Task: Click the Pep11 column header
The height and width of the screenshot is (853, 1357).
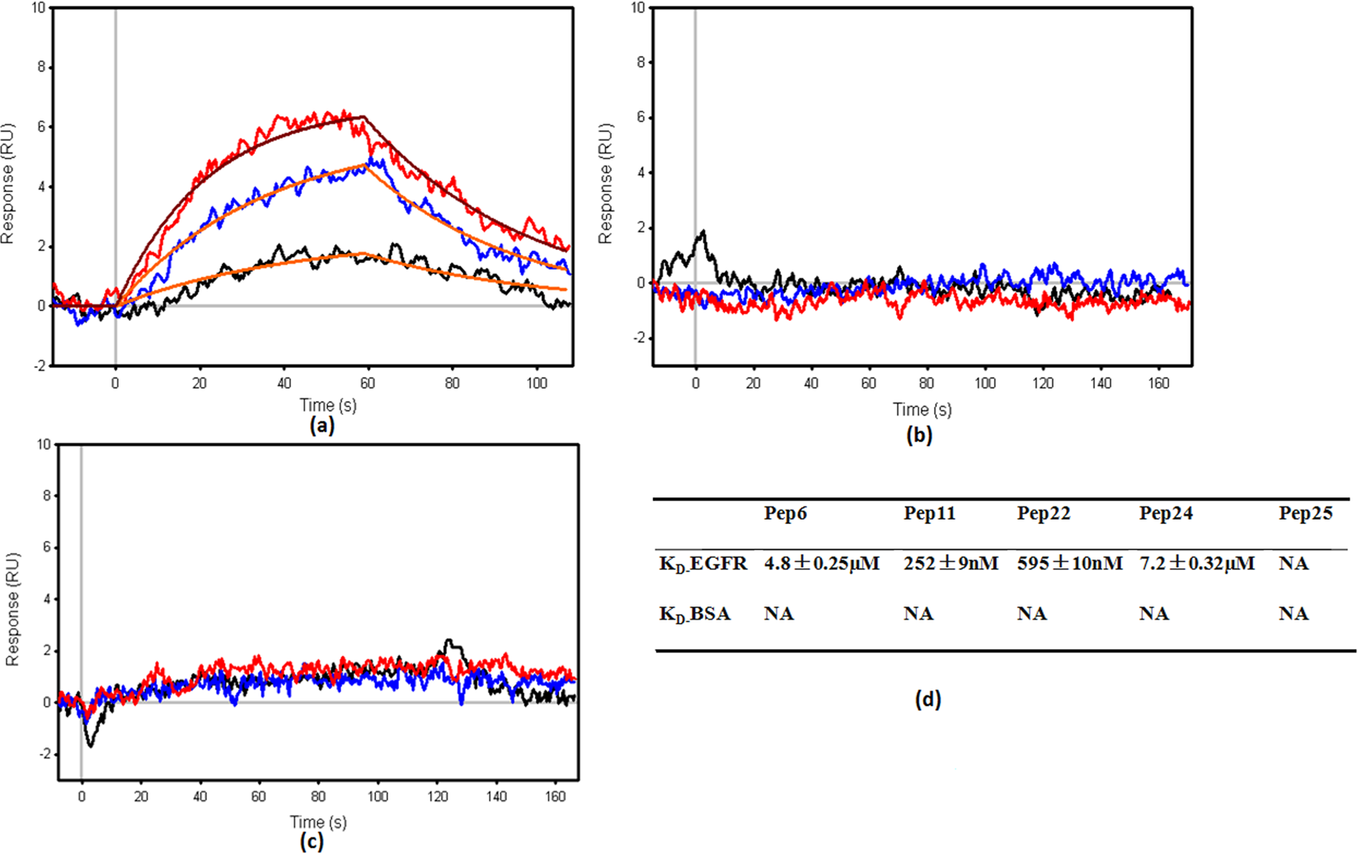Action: tap(929, 514)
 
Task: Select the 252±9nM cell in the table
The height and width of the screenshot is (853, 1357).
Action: tap(951, 563)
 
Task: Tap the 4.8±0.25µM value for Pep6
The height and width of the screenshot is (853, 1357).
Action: tap(821, 563)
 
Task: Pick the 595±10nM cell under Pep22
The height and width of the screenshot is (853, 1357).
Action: tap(1069, 563)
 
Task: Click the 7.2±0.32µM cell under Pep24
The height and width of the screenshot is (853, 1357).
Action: tap(1196, 563)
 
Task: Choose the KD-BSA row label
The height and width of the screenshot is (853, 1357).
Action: tap(694, 615)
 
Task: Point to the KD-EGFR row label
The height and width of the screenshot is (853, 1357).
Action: tap(702, 564)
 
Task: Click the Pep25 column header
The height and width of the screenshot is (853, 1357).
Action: tap(1305, 514)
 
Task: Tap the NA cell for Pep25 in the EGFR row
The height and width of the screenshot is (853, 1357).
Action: tap(1294, 563)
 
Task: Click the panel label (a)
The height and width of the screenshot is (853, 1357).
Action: tap(322, 426)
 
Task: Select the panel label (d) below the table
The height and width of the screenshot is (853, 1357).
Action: tap(927, 700)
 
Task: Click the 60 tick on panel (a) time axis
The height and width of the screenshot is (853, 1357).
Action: tap(368, 384)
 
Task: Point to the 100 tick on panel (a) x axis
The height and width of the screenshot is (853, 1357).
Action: tap(537, 384)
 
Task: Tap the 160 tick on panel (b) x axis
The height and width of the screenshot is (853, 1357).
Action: tap(1158, 384)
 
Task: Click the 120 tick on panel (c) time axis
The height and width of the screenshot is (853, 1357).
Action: tap(438, 797)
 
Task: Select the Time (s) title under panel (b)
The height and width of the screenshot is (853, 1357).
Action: tap(922, 409)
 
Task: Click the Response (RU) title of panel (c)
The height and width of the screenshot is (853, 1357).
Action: tap(12, 610)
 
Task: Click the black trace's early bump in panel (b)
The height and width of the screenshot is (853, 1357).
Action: tap(702, 233)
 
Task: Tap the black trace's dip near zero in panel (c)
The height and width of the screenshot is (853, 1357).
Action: tap(90, 745)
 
